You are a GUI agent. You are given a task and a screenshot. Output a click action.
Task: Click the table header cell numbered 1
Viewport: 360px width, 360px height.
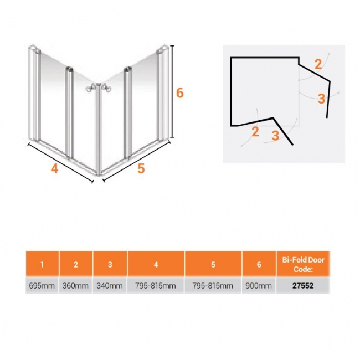point(42,264)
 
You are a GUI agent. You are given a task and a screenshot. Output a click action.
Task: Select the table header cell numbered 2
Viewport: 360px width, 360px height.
point(76,264)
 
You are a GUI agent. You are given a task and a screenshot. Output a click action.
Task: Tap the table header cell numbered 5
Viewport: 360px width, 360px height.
point(213,264)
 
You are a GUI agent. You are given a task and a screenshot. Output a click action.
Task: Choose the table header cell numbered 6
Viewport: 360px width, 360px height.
point(259,264)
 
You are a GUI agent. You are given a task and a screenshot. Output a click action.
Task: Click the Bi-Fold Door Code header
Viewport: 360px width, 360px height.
point(303,264)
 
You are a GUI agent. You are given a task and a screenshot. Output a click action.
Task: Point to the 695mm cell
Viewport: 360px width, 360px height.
point(42,286)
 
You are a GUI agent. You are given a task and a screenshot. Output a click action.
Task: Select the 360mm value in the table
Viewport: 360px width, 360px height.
point(75,286)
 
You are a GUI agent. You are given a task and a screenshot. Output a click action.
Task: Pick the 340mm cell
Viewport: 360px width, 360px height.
point(110,286)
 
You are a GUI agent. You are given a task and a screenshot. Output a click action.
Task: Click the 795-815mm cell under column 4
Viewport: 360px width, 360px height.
point(156,286)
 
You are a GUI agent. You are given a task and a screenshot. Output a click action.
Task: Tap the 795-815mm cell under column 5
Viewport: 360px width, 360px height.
point(213,286)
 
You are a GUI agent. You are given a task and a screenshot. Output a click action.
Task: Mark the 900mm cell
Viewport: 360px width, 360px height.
point(259,286)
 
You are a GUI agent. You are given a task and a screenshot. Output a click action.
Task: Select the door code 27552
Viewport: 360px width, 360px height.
point(303,286)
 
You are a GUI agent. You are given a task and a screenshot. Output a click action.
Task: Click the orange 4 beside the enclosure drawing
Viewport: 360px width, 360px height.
point(54,169)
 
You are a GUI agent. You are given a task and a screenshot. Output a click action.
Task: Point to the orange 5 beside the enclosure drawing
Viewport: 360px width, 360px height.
point(141,168)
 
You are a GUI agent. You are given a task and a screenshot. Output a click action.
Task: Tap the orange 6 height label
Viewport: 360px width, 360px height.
point(180,93)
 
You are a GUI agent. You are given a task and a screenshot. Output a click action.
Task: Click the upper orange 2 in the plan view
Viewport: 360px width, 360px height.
point(318,64)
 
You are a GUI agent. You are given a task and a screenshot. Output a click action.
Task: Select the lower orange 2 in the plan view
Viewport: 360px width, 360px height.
point(255,132)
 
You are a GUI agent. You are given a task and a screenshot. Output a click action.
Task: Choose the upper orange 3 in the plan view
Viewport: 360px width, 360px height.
point(322,99)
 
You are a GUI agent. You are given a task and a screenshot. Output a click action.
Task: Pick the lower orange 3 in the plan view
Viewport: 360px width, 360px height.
point(275,135)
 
